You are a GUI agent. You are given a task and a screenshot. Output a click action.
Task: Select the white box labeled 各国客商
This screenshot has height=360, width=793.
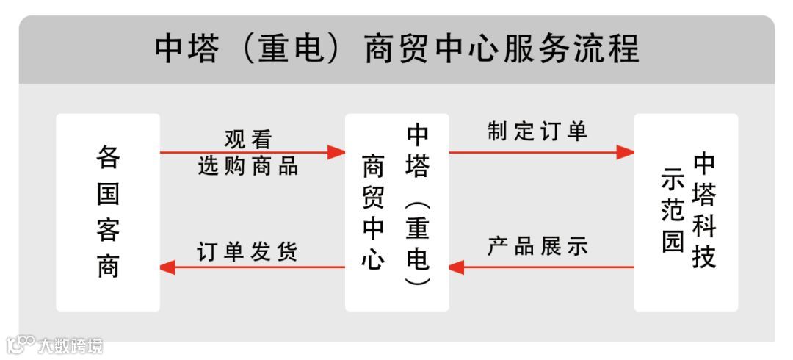point(108,212)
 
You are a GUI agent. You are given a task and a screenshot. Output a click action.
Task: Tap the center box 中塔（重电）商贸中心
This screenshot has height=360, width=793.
point(396,212)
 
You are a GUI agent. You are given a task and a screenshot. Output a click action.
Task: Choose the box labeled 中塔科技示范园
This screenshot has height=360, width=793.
point(686,212)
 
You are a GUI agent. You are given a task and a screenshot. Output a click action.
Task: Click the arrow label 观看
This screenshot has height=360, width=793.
point(248,138)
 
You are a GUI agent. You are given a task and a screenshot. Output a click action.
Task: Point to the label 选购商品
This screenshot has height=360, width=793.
point(248,166)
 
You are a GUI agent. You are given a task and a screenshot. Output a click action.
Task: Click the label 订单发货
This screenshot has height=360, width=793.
point(248,251)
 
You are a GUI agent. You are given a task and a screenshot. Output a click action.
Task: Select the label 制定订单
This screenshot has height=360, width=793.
point(537,131)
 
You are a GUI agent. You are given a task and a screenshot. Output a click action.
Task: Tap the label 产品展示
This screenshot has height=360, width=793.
point(537,247)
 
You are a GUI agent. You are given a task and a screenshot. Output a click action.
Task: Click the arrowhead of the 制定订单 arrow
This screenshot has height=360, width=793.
point(626,152)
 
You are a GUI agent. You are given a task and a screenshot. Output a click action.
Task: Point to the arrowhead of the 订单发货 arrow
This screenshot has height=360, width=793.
point(168,267)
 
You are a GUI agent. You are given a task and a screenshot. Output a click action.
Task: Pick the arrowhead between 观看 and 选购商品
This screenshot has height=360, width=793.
point(336,152)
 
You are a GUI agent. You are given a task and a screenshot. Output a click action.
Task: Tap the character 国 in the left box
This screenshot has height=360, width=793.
point(108,194)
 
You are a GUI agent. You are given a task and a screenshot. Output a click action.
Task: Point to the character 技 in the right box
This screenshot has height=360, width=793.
point(703,258)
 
